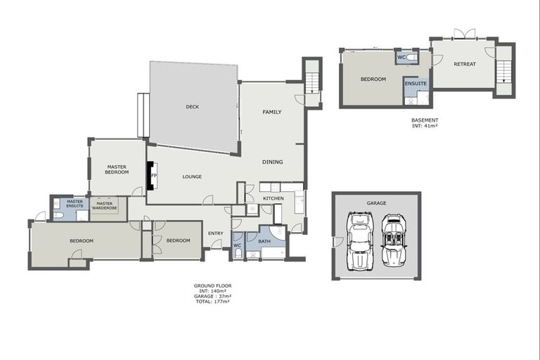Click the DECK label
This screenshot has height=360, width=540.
click(x=192, y=107)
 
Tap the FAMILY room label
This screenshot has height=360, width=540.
click(x=272, y=112)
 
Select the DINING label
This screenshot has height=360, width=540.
click(x=272, y=162)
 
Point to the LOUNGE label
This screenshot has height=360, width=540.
click(x=193, y=177)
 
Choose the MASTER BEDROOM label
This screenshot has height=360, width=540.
click(x=117, y=169)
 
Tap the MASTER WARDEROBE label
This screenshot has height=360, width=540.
click(x=109, y=206)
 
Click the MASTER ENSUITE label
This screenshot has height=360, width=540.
click(x=75, y=204)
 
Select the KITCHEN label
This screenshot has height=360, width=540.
click(x=273, y=199)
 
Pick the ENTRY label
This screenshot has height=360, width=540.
click(x=215, y=233)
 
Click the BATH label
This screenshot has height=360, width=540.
click(x=264, y=241)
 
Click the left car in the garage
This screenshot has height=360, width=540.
click(x=360, y=240)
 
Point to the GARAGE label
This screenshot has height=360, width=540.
click(x=376, y=202)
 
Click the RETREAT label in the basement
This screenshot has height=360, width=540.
click(x=464, y=65)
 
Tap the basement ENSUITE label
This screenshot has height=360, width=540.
click(x=415, y=84)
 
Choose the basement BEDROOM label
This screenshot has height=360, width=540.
click(x=373, y=79)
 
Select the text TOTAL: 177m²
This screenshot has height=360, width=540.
click(x=212, y=302)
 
